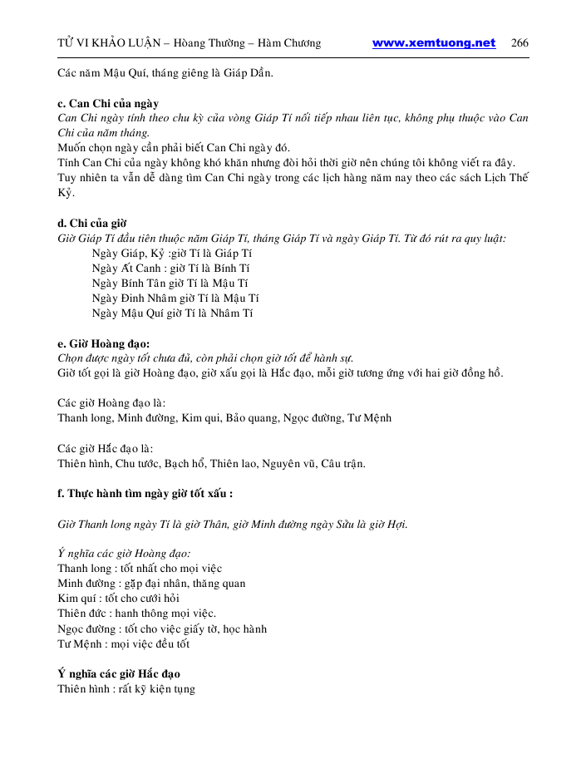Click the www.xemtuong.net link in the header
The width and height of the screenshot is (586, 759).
433,43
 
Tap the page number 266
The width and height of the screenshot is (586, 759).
520,43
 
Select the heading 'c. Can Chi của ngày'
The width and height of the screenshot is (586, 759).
108,103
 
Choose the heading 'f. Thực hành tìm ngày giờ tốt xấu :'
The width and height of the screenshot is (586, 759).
145,493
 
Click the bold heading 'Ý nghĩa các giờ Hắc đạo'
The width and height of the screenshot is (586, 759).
119,673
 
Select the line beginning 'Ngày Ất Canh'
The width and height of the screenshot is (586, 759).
171,268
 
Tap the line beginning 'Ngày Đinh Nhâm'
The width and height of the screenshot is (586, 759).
175,298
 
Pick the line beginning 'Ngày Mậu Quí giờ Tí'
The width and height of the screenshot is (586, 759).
173,313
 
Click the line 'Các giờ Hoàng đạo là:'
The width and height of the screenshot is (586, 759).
111,402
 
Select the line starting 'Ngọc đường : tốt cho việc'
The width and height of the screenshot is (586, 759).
162,628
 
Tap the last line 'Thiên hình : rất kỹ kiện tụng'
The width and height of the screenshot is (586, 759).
126,688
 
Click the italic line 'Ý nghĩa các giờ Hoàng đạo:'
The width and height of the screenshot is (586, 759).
124,553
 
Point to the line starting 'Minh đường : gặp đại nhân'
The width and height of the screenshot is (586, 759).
151,583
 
